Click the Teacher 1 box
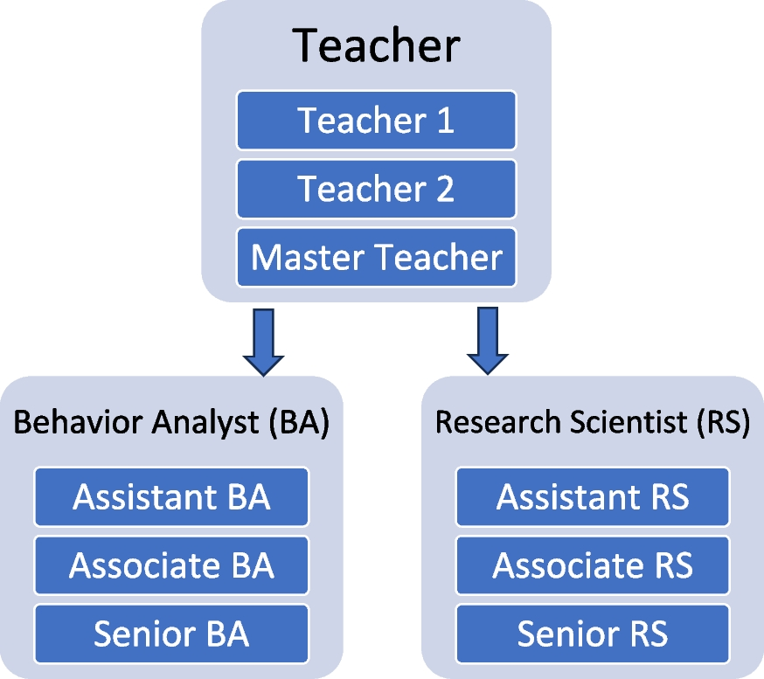tap(376, 120)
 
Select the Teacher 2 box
tap(376, 189)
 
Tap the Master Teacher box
tap(376, 257)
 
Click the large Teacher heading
tap(376, 45)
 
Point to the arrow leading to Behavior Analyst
tap(263, 342)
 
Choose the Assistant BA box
tap(171, 497)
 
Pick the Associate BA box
tap(171, 565)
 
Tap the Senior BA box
tap(171, 634)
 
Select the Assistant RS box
tap(593, 497)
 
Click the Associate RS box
tap(593, 565)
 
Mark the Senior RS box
tap(593, 634)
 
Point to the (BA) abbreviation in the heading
tap(297, 423)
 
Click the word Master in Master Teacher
tap(308, 257)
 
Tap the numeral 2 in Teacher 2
tap(444, 189)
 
